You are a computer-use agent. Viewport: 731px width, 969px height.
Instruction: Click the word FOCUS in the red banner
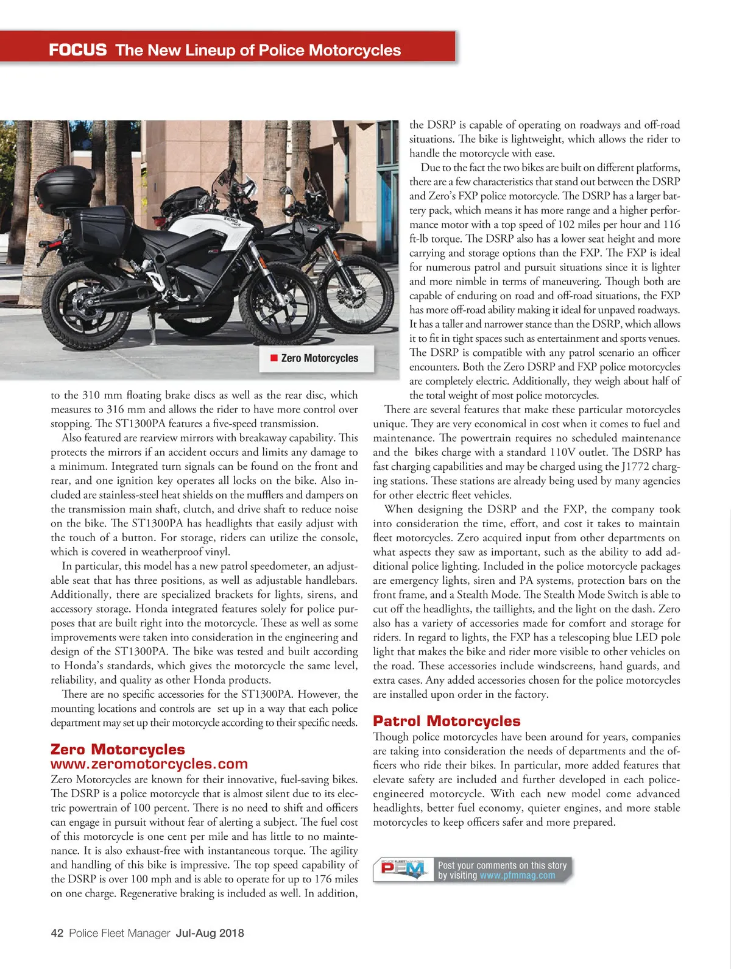click(x=77, y=49)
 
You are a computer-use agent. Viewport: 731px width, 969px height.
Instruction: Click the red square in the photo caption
click(x=274, y=358)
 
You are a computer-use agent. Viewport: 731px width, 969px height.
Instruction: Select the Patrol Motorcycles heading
click(x=447, y=721)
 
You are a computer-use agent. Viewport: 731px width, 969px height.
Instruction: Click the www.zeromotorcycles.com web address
click(x=149, y=764)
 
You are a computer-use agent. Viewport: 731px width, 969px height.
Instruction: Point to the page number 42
click(x=57, y=933)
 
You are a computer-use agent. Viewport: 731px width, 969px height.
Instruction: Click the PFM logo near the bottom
click(x=402, y=869)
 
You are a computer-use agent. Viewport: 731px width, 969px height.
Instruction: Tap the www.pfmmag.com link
click(x=517, y=876)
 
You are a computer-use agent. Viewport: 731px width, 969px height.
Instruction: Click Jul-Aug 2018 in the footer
click(x=210, y=933)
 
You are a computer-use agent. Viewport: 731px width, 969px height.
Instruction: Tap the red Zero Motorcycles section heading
click(x=118, y=749)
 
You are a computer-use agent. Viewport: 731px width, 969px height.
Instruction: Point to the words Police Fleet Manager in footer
click(x=119, y=933)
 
